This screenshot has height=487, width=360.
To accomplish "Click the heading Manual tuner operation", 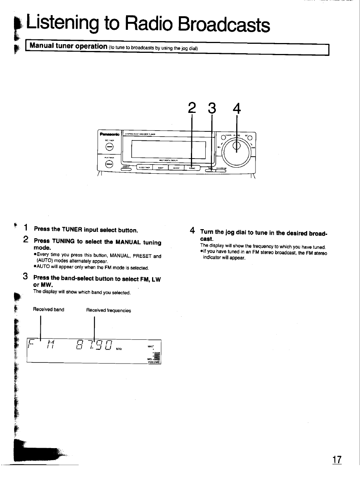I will click(68, 46).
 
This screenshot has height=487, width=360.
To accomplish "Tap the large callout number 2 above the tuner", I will click(192, 108).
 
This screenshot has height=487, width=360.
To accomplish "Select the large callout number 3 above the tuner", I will click(212, 108).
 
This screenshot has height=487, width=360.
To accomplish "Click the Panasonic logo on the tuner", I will click(109, 134).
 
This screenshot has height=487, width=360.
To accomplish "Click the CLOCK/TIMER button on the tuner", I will click(144, 168).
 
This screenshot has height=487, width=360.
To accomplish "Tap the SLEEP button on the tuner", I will click(160, 168).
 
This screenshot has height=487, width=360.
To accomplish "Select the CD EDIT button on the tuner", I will click(176, 168).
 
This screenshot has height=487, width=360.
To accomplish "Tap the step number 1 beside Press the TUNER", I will click(26, 228).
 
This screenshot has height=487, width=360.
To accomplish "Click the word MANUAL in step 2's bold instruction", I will click(128, 242).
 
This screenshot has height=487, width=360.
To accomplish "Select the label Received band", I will click(48, 310).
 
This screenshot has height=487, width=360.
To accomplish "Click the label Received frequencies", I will click(108, 310).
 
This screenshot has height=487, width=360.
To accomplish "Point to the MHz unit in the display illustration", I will click(119, 349).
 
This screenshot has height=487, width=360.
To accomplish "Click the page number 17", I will click(337, 459).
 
